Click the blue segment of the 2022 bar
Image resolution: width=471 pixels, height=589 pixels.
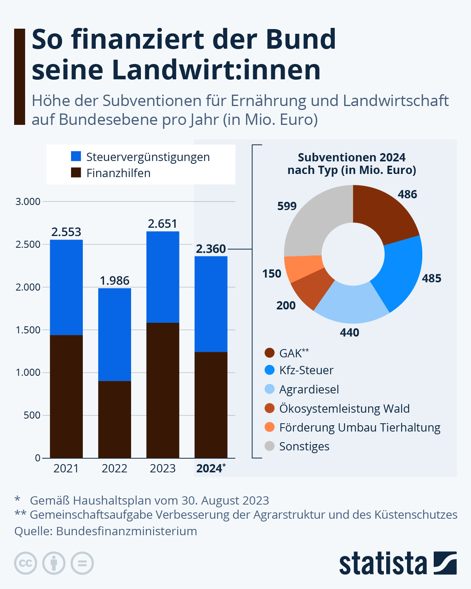[115, 334]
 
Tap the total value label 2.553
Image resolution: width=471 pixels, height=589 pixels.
[66, 232]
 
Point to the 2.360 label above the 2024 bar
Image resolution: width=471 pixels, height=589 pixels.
[211, 249]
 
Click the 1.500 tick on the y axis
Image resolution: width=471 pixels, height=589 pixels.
[28, 330]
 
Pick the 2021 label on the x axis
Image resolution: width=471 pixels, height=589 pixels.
[66, 468]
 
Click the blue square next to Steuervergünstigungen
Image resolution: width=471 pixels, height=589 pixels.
[76, 156]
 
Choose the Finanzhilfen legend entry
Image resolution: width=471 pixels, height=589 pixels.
[118, 173]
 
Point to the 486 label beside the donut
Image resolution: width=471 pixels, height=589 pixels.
[407, 194]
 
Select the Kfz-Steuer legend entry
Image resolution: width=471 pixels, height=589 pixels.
[306, 370]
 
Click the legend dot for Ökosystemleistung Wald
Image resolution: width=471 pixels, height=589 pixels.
[270, 408]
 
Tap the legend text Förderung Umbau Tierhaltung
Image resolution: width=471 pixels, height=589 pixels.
[360, 427]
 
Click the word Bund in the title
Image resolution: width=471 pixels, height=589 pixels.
[300, 39]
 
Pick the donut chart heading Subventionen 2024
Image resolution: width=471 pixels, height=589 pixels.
[351, 157]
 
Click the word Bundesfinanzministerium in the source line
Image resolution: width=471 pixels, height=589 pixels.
[126, 531]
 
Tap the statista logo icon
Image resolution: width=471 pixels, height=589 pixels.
[445, 563]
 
